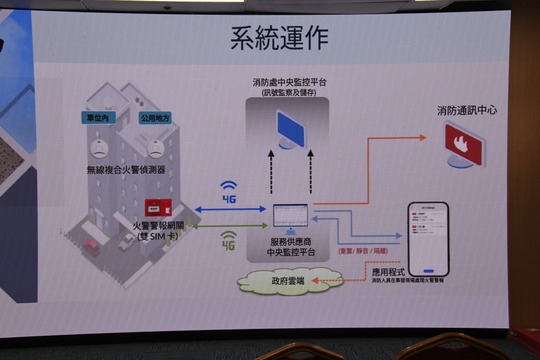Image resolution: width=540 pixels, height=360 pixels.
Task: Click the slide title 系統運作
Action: (279, 37)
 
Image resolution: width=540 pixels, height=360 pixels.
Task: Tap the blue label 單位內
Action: (99, 118)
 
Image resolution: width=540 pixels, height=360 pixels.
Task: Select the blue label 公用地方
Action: (156, 118)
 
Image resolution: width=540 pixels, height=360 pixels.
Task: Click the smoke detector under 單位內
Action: (99, 148)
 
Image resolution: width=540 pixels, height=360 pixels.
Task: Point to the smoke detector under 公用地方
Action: (155, 148)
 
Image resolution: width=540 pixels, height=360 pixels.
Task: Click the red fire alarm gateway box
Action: (158, 208)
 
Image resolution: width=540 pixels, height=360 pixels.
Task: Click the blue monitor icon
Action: (291, 130)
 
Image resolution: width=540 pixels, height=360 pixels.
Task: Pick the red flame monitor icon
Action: (464, 144)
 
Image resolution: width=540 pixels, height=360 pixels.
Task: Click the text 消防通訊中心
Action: (467, 111)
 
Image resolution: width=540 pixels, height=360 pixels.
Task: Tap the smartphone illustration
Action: (428, 239)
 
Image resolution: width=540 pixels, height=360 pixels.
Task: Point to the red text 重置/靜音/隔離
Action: (362, 251)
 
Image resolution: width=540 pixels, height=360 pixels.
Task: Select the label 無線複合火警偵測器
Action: (126, 170)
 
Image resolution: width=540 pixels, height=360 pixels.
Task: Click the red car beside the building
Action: (92, 247)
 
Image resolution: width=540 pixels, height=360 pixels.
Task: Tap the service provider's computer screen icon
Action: (290, 216)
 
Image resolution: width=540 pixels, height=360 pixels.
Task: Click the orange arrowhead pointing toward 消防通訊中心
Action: (422, 138)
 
